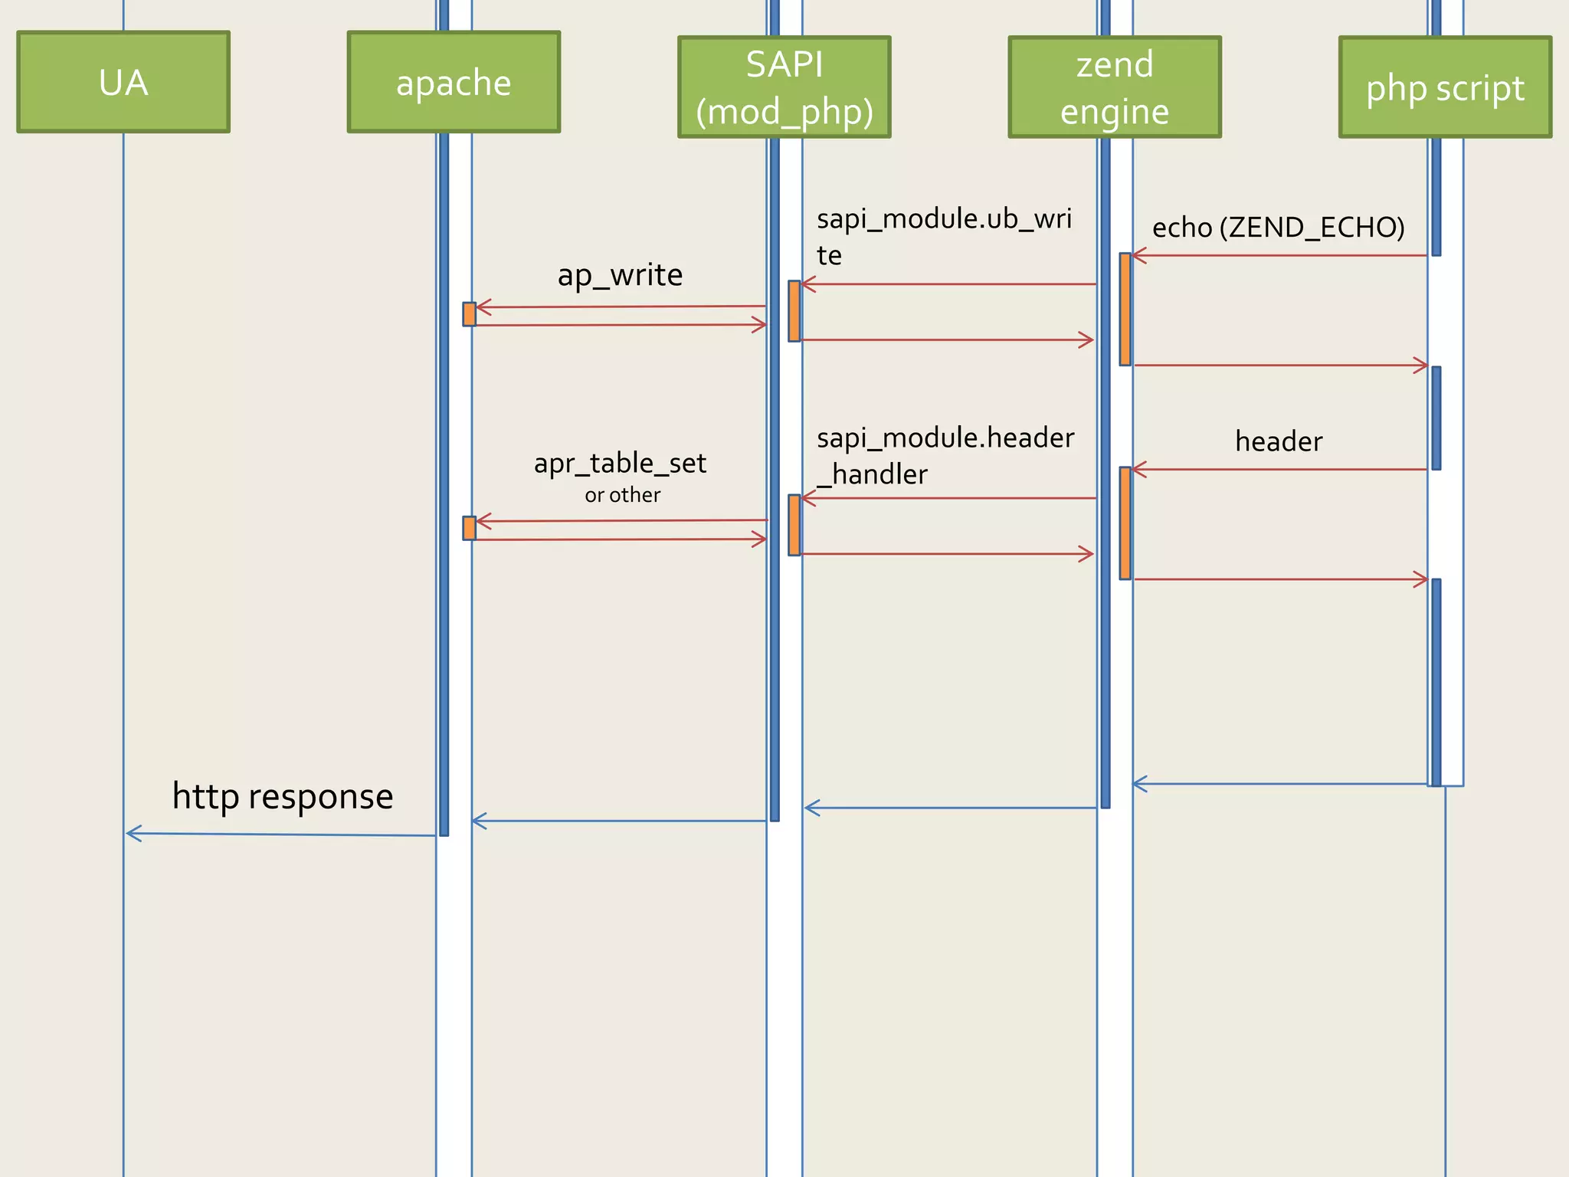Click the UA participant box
click(123, 82)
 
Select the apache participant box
click(454, 82)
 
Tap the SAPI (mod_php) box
click(784, 87)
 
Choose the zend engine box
click(1115, 87)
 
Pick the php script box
click(1445, 87)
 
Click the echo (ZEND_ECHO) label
click(1278, 227)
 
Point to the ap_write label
click(620, 274)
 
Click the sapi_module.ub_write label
click(944, 236)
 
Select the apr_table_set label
click(620, 463)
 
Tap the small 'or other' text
click(622, 495)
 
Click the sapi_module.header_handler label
click(945, 455)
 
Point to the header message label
click(1279, 441)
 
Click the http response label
click(283, 796)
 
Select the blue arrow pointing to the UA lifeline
click(280, 834)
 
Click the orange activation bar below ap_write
click(470, 314)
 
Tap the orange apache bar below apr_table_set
click(470, 528)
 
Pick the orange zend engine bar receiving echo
click(1125, 309)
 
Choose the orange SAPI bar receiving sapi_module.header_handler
click(794, 525)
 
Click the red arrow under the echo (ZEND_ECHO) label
click(1279, 255)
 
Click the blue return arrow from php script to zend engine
click(1279, 784)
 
